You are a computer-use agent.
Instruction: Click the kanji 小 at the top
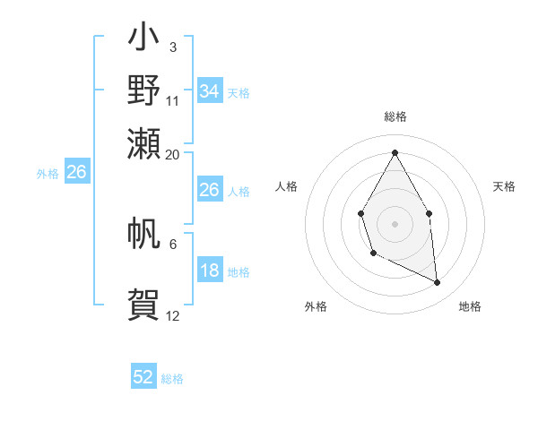pyautogui.click(x=143, y=39)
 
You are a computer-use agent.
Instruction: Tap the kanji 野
pyautogui.click(x=143, y=90)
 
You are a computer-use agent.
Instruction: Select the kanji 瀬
pyautogui.click(x=143, y=142)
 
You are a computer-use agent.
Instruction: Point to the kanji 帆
pyautogui.click(x=143, y=234)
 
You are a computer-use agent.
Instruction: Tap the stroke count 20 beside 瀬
pyautogui.click(x=173, y=154)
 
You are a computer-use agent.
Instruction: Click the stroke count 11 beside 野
pyautogui.click(x=173, y=101)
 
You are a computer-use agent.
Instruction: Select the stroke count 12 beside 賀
pyautogui.click(x=173, y=316)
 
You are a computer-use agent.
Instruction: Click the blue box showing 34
pyautogui.click(x=209, y=91)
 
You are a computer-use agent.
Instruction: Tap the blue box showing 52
pyautogui.click(x=143, y=377)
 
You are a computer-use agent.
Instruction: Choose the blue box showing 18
pyautogui.click(x=209, y=271)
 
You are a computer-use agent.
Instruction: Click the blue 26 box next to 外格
pyautogui.click(x=76, y=173)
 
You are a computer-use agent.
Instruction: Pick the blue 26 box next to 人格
pyautogui.click(x=209, y=190)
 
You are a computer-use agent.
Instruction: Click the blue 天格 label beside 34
pyautogui.click(x=238, y=93)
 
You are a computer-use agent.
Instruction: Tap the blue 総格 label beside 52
pyautogui.click(x=172, y=379)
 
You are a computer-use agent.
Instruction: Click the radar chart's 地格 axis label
pyautogui.click(x=470, y=306)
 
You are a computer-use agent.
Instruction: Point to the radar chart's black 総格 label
pyautogui.click(x=395, y=116)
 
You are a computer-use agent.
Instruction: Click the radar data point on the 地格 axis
pyautogui.click(x=438, y=283)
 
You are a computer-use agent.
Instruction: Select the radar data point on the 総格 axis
pyautogui.click(x=395, y=152)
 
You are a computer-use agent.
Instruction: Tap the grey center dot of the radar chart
pyautogui.click(x=395, y=222)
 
